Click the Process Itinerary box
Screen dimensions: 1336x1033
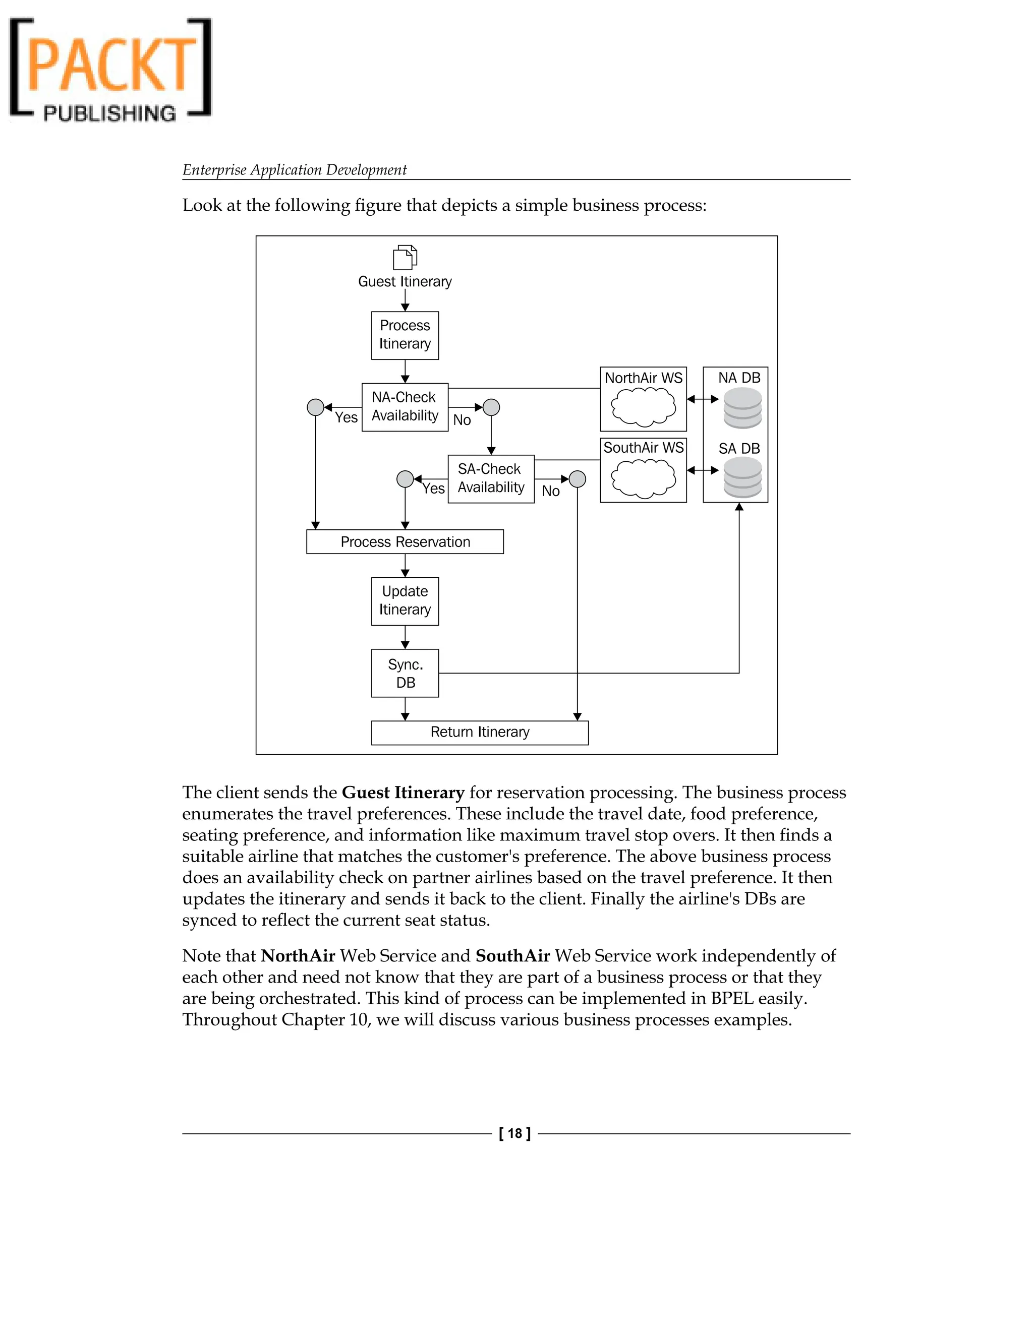pos(405,335)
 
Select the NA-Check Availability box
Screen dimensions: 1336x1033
pos(405,407)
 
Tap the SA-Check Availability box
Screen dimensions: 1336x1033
pos(491,478)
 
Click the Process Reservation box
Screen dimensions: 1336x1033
pos(405,541)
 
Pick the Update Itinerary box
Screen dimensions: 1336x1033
pos(405,601)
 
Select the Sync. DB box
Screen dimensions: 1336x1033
pos(405,673)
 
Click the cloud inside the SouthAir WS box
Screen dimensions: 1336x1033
pos(643,478)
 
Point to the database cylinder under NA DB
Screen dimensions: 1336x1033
pos(742,408)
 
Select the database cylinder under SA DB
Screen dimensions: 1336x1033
pos(742,478)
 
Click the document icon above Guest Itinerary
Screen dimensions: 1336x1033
pos(405,257)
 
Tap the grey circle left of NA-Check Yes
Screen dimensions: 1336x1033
pos(315,407)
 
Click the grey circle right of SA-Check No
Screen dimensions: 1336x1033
pos(577,479)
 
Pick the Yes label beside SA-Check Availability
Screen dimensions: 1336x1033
pos(433,488)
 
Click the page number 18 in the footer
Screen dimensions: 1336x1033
pos(514,1133)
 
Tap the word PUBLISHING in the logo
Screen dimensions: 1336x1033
pos(109,113)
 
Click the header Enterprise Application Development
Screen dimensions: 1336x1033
pos(295,169)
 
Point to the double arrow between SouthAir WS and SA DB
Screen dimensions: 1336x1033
pos(703,470)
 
